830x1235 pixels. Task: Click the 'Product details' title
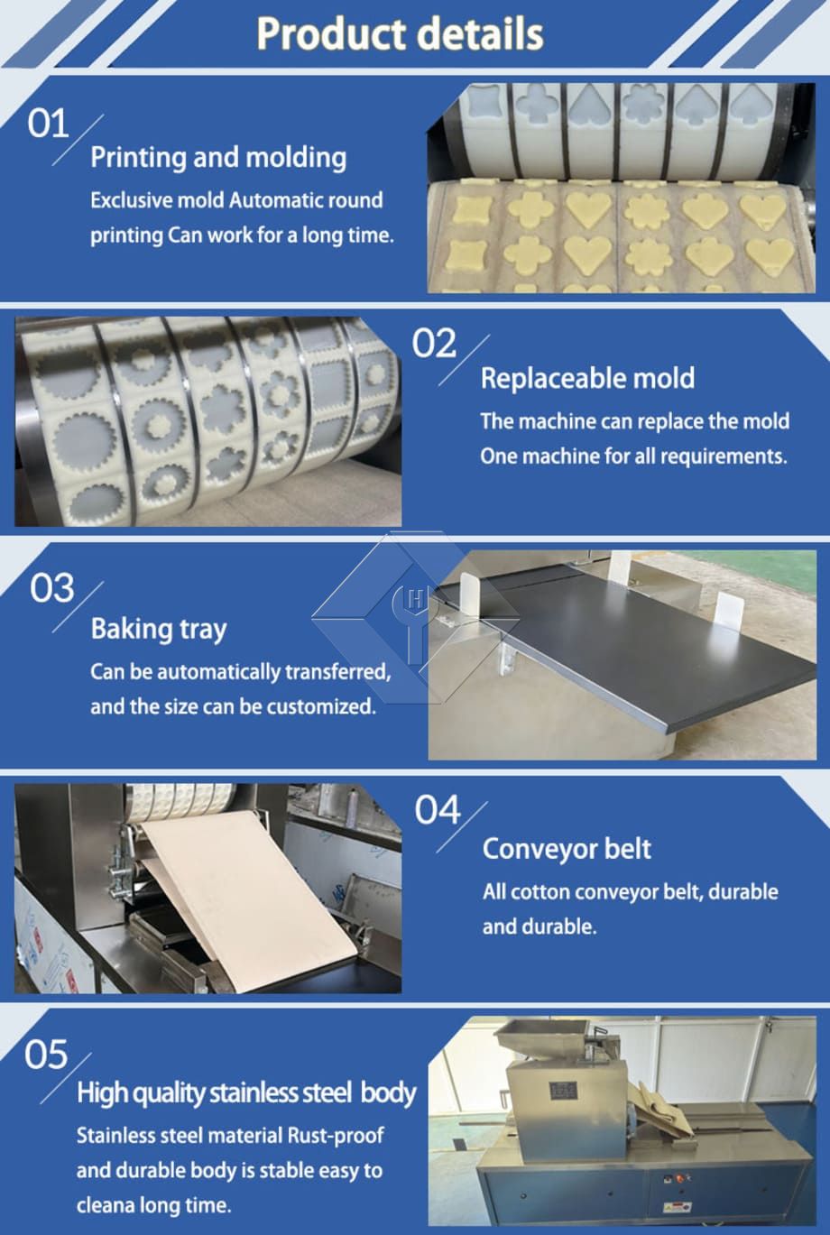pyautogui.click(x=400, y=34)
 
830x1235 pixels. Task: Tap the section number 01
pyautogui.click(x=48, y=124)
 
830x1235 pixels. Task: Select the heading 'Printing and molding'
pyautogui.click(x=218, y=158)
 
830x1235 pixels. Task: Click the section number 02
pyautogui.click(x=434, y=343)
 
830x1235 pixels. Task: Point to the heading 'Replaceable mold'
pyautogui.click(x=587, y=378)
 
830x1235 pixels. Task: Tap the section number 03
pyautogui.click(x=51, y=587)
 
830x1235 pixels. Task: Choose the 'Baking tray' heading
pyautogui.click(x=159, y=630)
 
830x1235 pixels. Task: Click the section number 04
pyautogui.click(x=438, y=810)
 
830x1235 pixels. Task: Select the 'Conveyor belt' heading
pyautogui.click(x=567, y=849)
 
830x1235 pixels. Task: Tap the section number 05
pyautogui.click(x=46, y=1055)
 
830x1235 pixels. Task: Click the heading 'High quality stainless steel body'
pyautogui.click(x=246, y=1092)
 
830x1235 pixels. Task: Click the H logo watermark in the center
pyautogui.click(x=415, y=617)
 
